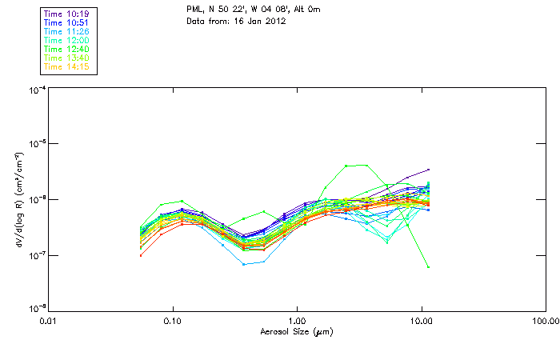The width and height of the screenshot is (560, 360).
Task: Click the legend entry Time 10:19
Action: pos(67,13)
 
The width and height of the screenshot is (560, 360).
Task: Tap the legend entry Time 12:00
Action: pos(67,40)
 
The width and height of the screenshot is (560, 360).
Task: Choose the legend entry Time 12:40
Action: pos(67,49)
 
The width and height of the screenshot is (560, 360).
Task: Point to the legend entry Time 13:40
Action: pos(67,58)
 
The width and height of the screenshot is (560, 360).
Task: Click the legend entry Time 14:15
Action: pos(67,66)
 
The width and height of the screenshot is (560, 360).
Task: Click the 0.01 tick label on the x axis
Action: pos(48,321)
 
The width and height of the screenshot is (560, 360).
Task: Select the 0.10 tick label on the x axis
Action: pos(172,321)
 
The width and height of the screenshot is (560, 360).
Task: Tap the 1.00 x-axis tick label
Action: pos(297,321)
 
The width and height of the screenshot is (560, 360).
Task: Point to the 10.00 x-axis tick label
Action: pos(422,321)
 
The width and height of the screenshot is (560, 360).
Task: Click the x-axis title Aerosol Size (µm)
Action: pos(297,331)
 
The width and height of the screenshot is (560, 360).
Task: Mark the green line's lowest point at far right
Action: pos(429,267)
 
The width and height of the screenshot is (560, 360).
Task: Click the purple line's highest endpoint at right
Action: pos(429,170)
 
